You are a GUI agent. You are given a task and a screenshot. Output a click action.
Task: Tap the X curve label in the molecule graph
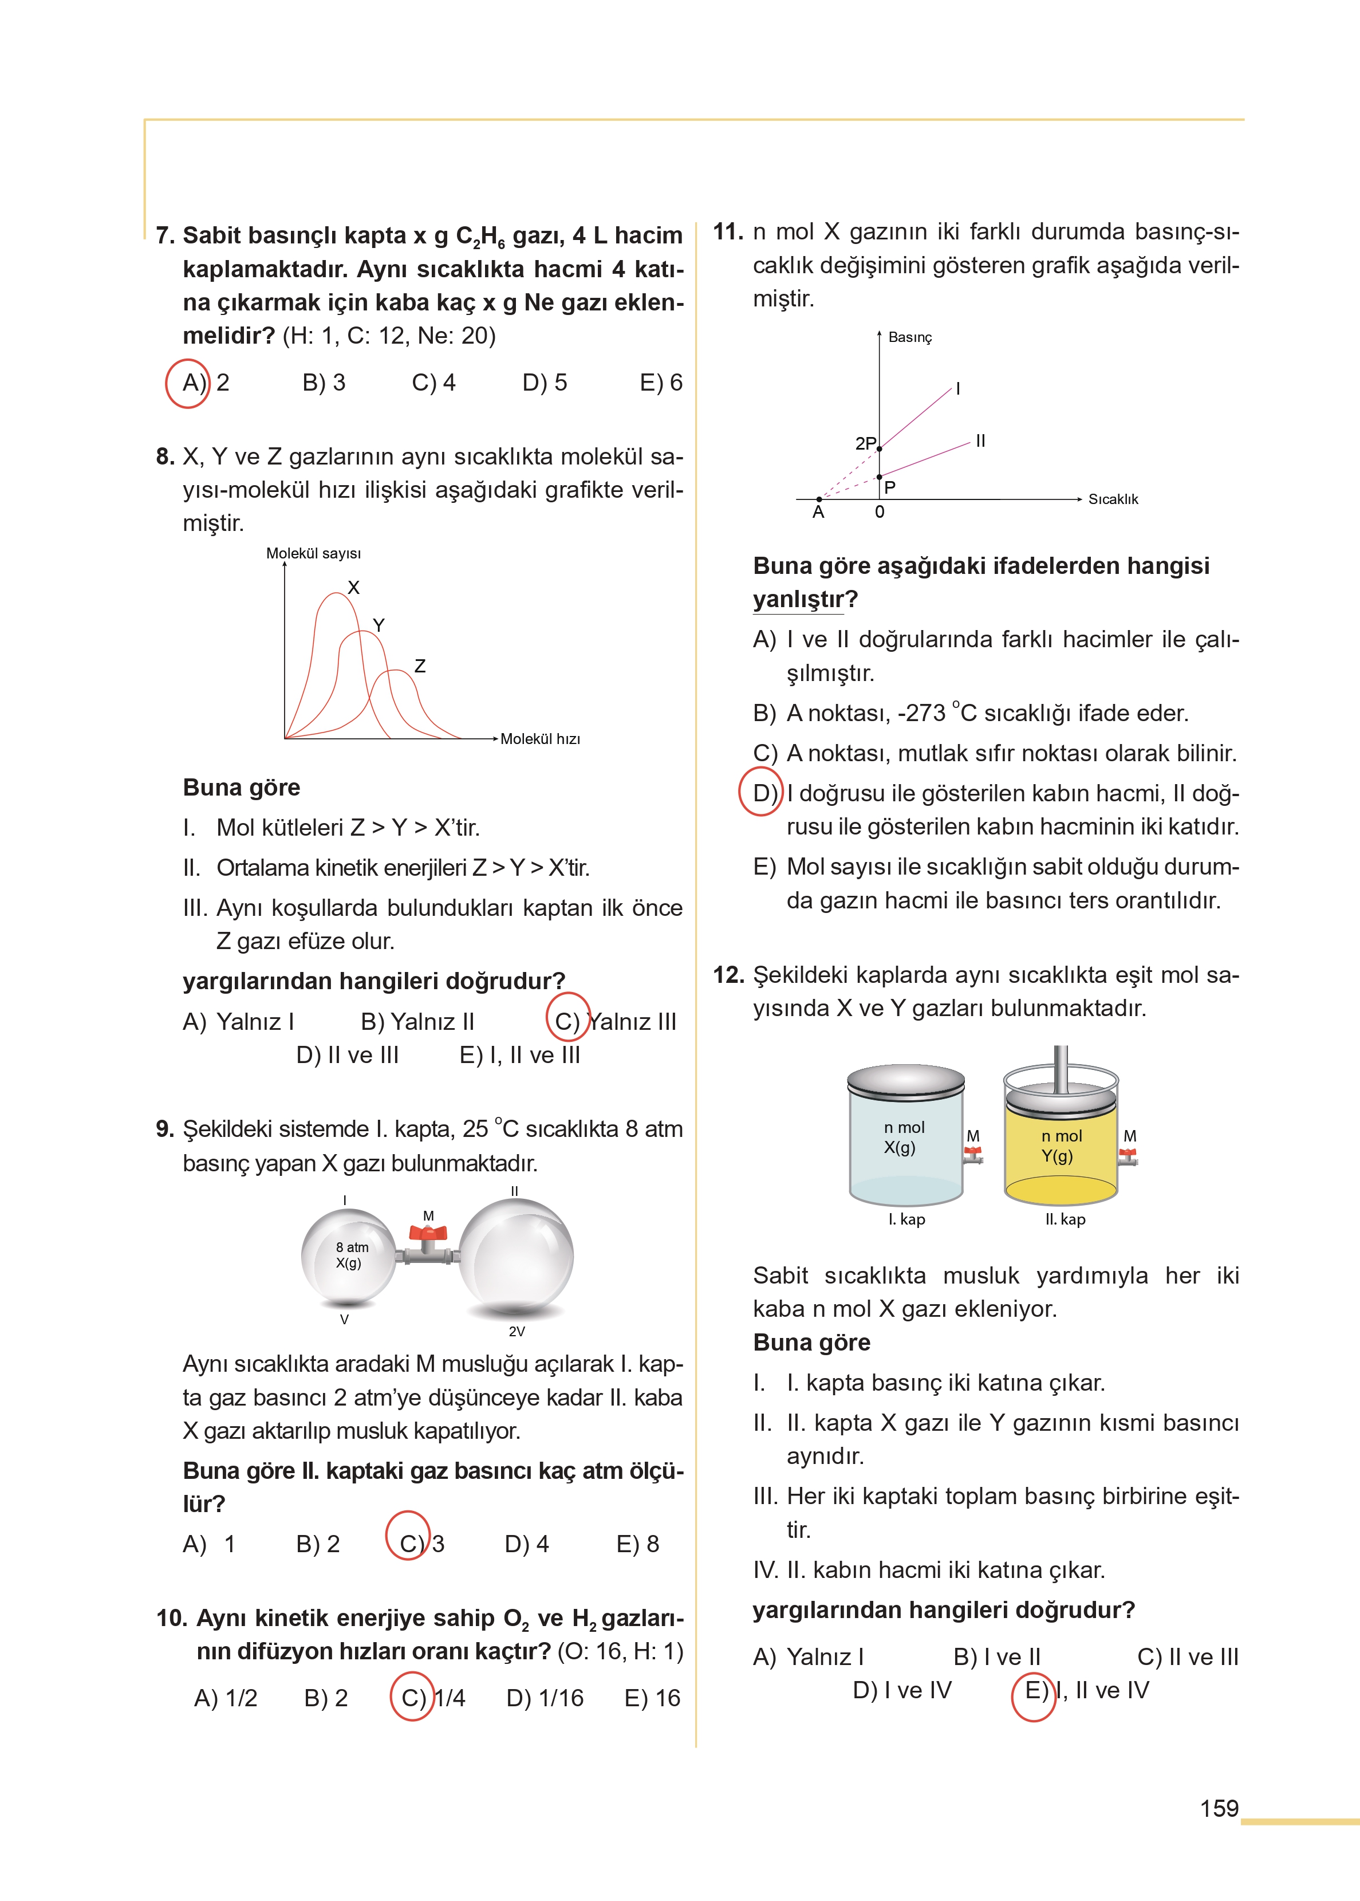[x=353, y=588]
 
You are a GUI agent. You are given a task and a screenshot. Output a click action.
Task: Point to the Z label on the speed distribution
[x=420, y=666]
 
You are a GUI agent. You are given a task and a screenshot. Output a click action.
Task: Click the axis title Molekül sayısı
[x=313, y=553]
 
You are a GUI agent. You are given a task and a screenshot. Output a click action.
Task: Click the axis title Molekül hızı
[x=540, y=739]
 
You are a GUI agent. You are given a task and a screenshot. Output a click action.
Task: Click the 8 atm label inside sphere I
[x=352, y=1247]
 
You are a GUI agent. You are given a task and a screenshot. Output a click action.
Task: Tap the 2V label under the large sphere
[x=517, y=1332]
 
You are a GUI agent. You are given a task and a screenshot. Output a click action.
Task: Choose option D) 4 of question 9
[x=527, y=1544]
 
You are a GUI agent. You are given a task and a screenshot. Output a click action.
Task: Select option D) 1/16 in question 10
[x=545, y=1698]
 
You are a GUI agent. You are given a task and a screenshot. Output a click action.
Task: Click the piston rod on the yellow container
[x=1060, y=1068]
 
